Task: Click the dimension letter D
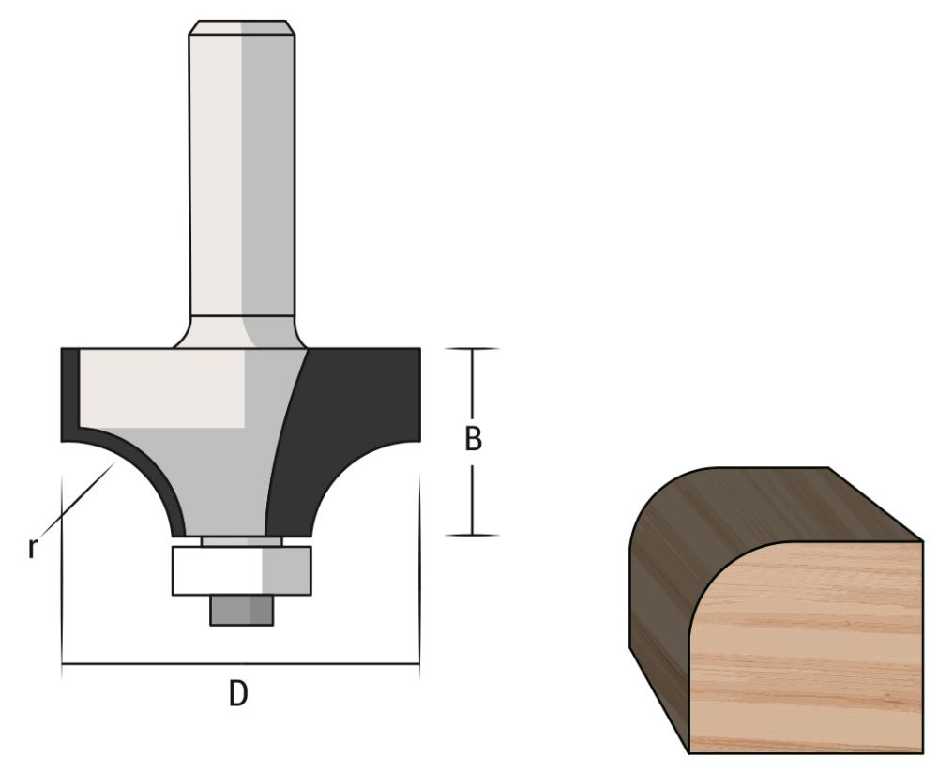click(239, 694)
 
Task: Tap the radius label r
click(32, 547)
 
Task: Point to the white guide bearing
click(241, 570)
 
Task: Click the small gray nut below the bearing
click(241, 610)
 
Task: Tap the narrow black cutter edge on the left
click(69, 394)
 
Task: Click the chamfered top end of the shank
click(242, 28)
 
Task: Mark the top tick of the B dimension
click(471, 349)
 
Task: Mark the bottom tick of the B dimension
click(471, 535)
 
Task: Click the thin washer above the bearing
click(241, 540)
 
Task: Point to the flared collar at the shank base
click(242, 333)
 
